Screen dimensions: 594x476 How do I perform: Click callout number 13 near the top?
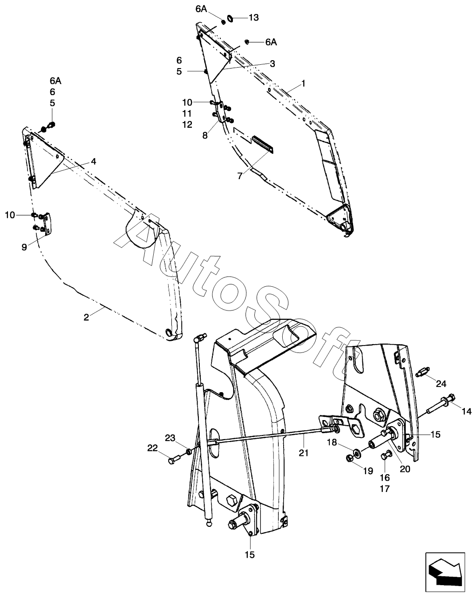tap(253, 18)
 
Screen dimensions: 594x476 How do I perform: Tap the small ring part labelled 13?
tap(231, 19)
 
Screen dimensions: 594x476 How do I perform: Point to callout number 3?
tap(272, 63)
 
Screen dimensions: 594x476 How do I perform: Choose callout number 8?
tap(205, 136)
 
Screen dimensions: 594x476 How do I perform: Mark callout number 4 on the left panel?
tap(94, 161)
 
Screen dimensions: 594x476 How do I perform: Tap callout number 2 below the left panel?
tap(86, 317)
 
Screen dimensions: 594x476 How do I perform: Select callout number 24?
tap(441, 383)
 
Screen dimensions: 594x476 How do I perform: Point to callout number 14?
tap(467, 411)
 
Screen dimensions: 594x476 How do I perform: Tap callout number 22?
tap(153, 448)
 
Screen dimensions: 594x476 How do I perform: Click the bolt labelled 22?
tap(172, 460)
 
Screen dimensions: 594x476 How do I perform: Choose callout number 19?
tap(368, 471)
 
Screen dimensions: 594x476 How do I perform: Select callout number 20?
tap(405, 469)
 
